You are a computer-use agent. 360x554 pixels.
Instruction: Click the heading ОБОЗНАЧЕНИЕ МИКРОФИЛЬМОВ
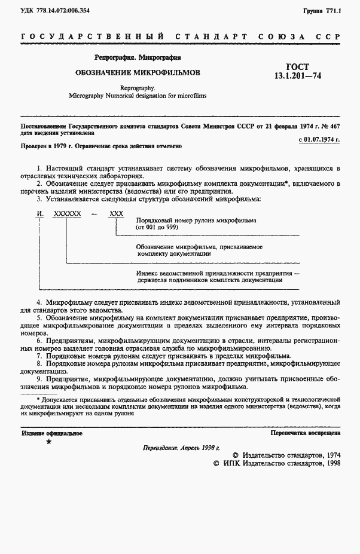click(x=137, y=72)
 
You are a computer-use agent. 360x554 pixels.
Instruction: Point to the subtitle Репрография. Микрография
click(x=137, y=58)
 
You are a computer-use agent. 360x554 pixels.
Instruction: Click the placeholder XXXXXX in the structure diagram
click(x=67, y=213)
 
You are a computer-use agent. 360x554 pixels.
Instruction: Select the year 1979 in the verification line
click(x=57, y=146)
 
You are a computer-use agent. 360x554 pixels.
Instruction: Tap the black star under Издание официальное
click(x=48, y=442)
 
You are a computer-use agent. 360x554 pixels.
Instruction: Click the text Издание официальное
click(x=52, y=433)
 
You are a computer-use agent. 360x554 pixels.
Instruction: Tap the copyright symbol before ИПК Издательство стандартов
click(x=218, y=463)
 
